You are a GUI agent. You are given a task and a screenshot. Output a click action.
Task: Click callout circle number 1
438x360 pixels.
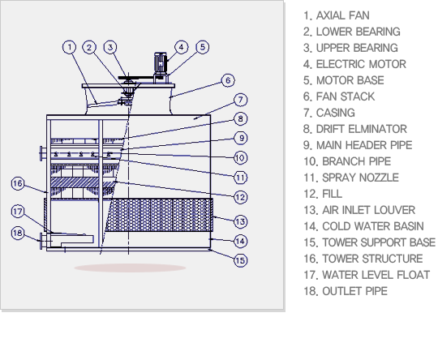(70, 47)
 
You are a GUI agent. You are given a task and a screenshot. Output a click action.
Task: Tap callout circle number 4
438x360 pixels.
(182, 47)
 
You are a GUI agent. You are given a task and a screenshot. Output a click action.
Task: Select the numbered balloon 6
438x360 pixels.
(228, 80)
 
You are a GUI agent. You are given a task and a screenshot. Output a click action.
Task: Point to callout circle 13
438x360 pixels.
(240, 221)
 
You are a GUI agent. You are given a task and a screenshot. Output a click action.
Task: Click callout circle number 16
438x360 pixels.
(18, 183)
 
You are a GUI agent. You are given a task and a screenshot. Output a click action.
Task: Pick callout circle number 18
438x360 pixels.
(18, 233)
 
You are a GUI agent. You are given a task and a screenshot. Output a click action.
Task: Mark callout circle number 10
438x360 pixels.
(240, 158)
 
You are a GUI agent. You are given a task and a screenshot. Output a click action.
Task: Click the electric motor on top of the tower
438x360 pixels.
(161, 63)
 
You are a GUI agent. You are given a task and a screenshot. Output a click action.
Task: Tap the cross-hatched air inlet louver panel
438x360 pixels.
(159, 215)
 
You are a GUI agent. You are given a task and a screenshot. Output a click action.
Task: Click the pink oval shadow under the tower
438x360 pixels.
(130, 268)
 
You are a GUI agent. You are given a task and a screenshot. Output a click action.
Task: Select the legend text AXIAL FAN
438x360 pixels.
(343, 15)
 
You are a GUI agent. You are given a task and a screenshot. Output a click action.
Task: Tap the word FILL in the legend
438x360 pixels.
(332, 194)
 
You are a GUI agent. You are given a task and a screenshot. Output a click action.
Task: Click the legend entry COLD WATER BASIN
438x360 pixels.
(373, 226)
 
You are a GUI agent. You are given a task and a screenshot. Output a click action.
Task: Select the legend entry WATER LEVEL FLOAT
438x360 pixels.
(376, 275)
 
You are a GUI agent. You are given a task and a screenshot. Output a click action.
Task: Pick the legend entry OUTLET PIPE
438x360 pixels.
(354, 291)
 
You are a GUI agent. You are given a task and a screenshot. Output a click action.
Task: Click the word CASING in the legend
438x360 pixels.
(336, 113)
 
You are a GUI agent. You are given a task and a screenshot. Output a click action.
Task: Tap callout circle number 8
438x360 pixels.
(240, 119)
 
